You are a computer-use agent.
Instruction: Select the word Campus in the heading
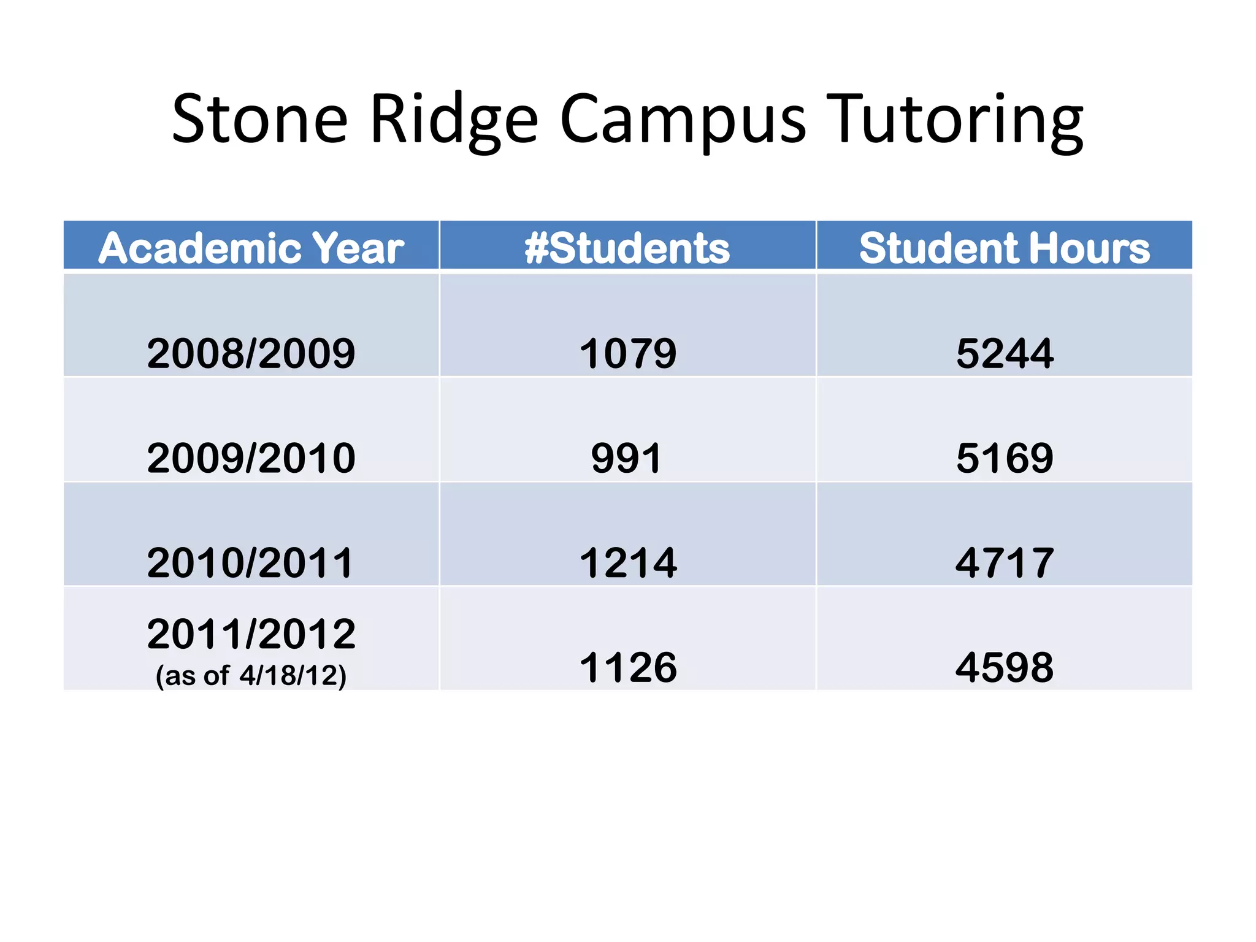click(683, 120)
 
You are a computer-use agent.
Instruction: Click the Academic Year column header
click(251, 248)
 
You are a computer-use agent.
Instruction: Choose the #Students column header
click(627, 248)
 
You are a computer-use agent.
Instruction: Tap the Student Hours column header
click(1005, 248)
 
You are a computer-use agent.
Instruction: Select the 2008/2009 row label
click(251, 353)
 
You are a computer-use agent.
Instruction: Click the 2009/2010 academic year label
click(251, 458)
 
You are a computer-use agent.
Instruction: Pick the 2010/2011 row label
click(250, 563)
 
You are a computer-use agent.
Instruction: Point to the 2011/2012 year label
click(251, 634)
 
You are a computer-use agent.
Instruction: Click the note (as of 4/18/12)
click(251, 676)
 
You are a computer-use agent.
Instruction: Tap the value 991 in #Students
click(627, 458)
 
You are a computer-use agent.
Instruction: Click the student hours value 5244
click(1005, 353)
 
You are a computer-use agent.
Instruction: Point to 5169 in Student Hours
click(1005, 458)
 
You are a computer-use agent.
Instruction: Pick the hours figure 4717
click(1005, 563)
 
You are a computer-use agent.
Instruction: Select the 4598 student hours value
click(1005, 667)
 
